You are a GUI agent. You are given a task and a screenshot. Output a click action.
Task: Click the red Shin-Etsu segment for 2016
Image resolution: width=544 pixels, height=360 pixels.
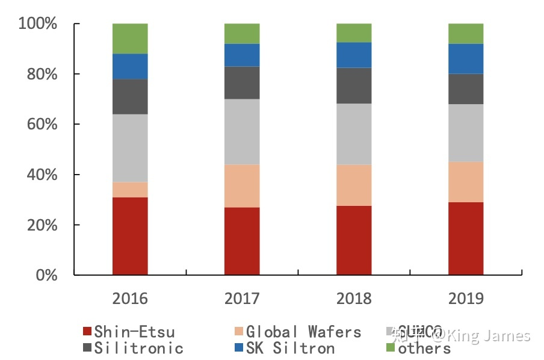(130, 236)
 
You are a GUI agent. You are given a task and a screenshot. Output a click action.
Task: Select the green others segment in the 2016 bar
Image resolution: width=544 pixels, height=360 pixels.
(130, 39)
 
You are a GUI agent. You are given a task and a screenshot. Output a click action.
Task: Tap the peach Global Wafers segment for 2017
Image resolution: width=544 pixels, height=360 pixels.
(242, 186)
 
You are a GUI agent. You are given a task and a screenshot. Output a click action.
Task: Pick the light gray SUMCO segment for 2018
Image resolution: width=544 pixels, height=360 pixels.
(354, 134)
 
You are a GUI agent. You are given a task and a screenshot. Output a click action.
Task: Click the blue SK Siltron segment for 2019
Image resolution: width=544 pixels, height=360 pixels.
(466, 58)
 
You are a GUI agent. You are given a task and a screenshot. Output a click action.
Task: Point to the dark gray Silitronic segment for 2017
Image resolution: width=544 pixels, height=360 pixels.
(242, 82)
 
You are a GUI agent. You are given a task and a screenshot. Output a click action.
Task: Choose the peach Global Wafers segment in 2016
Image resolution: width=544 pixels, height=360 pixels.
(130, 190)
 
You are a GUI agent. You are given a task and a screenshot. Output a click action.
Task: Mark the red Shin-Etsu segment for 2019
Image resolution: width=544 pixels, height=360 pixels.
(466, 238)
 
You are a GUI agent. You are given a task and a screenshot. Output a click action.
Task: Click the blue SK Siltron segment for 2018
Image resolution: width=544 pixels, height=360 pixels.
(354, 55)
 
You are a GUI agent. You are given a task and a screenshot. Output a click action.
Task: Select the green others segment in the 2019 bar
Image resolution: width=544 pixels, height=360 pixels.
(466, 34)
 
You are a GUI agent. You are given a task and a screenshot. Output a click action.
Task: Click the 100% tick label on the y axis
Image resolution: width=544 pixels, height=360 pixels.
(37, 24)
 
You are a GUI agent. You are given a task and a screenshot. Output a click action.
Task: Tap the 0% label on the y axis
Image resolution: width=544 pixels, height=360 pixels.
(45, 275)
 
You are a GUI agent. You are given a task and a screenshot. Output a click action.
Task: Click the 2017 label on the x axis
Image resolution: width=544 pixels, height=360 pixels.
(242, 299)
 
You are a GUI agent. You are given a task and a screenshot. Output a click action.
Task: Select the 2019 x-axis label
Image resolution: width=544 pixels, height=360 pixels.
(466, 299)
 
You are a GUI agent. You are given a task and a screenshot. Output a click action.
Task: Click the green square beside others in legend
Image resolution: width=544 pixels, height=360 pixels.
(390, 347)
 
